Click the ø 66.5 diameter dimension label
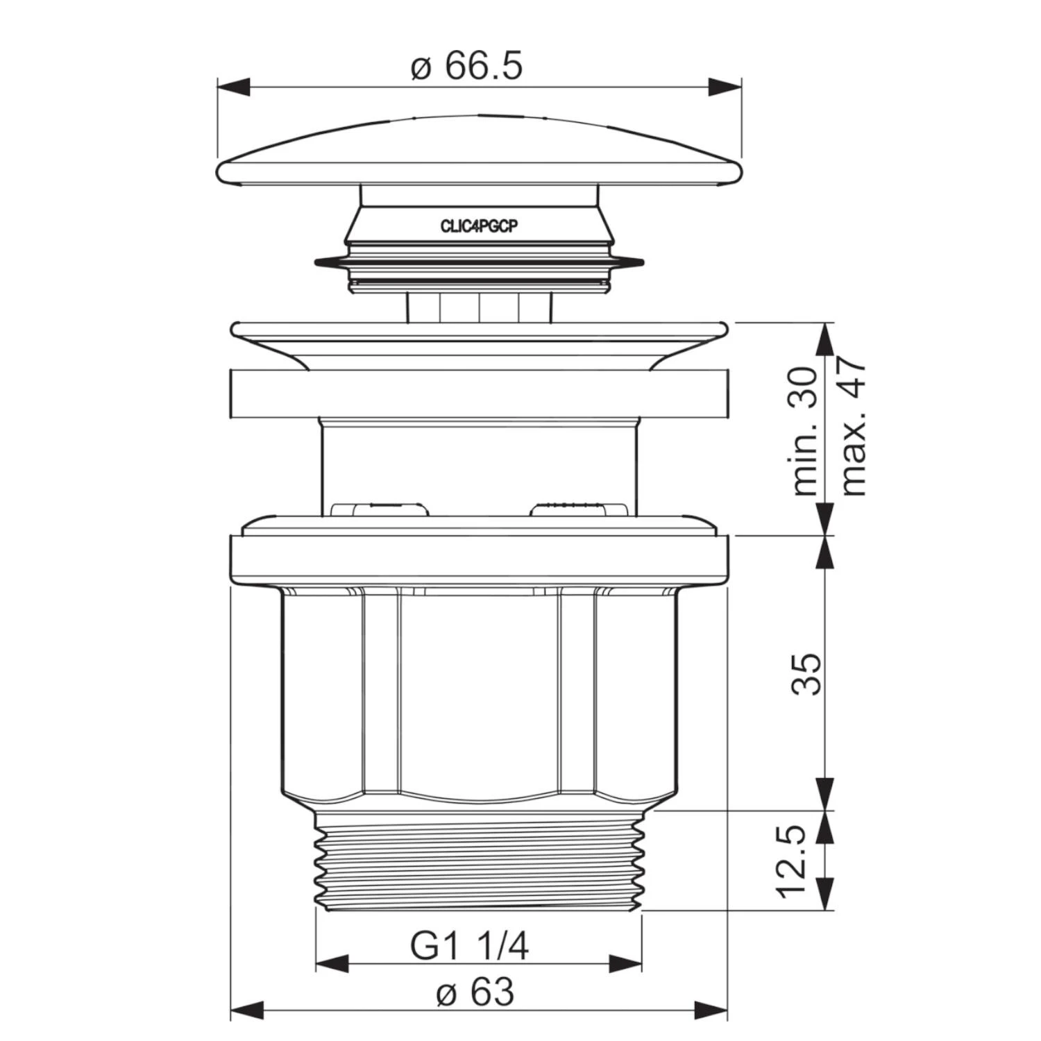[x=466, y=67]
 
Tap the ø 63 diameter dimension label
[x=475, y=992]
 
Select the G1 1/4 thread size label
[x=469, y=945]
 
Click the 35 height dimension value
[x=806, y=673]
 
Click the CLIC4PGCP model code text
[x=479, y=226]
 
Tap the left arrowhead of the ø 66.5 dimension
[x=233, y=87]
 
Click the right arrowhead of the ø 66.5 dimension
[x=725, y=87]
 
